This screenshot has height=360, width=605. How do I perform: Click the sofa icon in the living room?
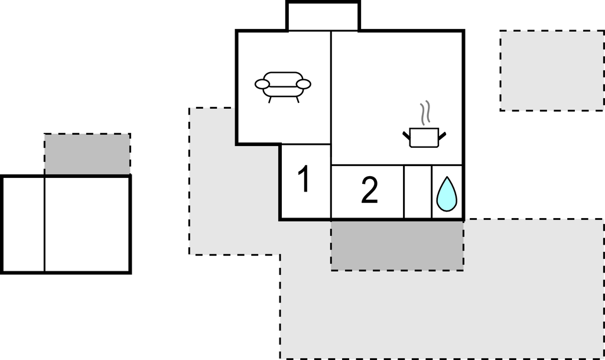pos(282,85)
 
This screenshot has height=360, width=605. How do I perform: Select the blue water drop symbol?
pos(447,194)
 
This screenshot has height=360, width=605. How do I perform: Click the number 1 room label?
pos(304,180)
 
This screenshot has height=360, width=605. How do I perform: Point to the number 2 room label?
pos(369,191)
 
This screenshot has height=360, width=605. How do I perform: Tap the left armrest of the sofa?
pos(262,85)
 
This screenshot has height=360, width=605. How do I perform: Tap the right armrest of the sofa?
pos(304,85)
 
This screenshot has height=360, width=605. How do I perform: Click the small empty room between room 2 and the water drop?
pos(418,192)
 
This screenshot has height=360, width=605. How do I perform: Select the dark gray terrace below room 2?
pos(396,245)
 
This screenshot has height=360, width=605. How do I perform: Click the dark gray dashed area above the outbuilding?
pos(87,154)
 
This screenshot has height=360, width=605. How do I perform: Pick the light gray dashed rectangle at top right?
pos(551,70)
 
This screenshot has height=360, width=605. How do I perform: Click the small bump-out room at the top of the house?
pos(323,17)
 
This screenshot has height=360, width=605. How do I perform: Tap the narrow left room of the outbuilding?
pos(24,224)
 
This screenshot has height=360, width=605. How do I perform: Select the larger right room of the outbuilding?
pos(87,224)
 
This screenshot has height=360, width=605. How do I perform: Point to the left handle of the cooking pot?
pos(406,136)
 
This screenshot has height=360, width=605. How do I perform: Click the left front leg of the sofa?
pos(270,100)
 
